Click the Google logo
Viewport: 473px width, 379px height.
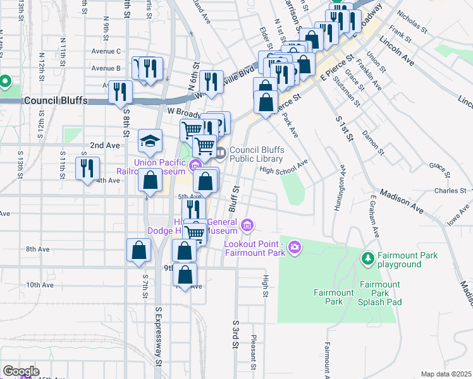(x=20, y=371)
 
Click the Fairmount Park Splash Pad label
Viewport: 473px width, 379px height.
(x=380, y=294)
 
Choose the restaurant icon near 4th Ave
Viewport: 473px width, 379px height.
(x=87, y=168)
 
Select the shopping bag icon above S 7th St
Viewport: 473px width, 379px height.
(x=138, y=250)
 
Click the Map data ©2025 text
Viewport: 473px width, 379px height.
(x=445, y=374)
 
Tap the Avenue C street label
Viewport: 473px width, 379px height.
(x=106, y=51)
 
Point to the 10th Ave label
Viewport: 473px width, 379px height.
(x=39, y=285)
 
